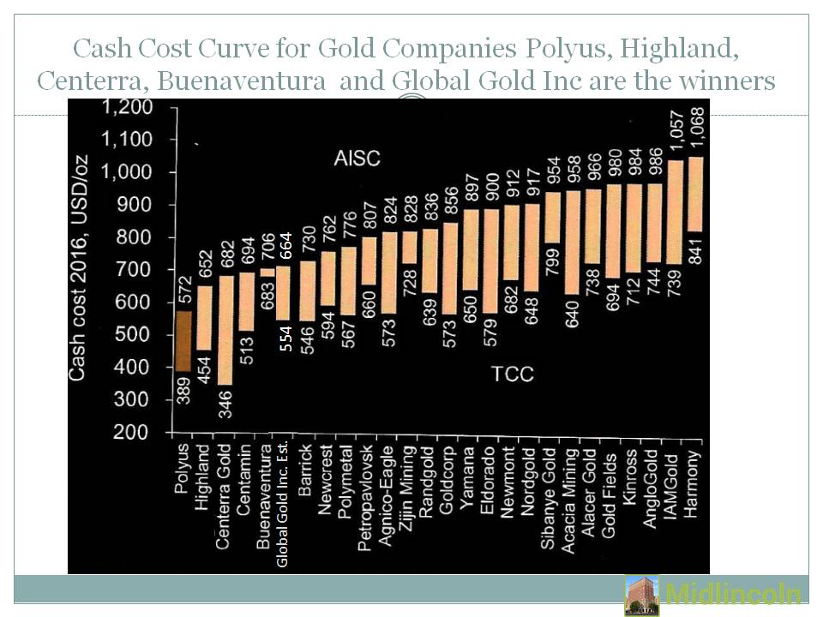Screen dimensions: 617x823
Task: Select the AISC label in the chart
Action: point(357,159)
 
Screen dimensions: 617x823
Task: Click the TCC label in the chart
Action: point(513,374)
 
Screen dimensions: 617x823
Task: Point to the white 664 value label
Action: point(286,246)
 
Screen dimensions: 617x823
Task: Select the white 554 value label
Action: point(286,338)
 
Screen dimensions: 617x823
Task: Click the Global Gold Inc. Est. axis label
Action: point(282,506)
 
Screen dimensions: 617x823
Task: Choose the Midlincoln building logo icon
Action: point(642,595)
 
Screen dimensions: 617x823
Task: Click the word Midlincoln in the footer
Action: point(733,594)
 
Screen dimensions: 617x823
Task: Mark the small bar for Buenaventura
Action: point(267,273)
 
